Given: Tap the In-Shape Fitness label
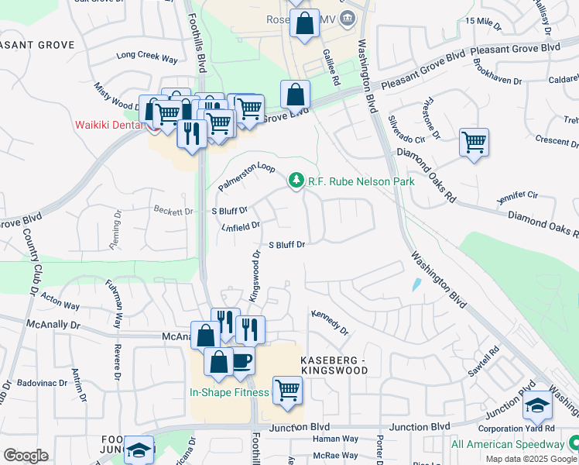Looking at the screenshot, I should click(x=229, y=392).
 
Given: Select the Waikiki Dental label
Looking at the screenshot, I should click(x=108, y=125).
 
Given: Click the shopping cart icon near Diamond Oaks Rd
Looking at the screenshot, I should click(x=474, y=143).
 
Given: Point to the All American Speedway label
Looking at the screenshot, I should click(x=507, y=444).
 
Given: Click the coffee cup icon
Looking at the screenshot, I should click(x=242, y=360).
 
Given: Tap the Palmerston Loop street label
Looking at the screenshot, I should click(x=246, y=177).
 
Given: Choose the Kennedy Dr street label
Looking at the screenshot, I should click(x=331, y=322).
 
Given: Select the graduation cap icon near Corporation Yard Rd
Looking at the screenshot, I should click(x=537, y=405).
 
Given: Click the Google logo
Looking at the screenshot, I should click(x=26, y=455).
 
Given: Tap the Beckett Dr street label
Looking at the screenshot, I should click(x=173, y=211).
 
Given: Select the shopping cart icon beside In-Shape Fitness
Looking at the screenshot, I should click(x=287, y=390).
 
